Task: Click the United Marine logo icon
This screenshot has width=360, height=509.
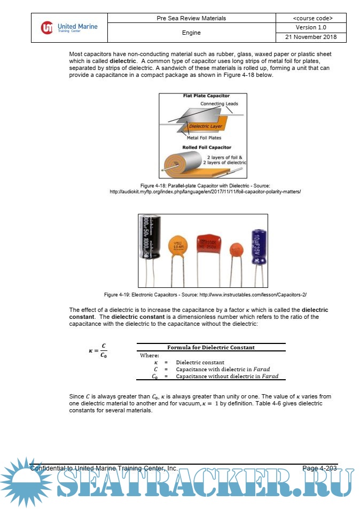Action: tap(48, 27)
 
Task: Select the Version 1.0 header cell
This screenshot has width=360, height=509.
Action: tap(311, 27)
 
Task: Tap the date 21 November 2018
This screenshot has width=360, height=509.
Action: tap(311, 37)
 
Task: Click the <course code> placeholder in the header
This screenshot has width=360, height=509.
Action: tap(311, 18)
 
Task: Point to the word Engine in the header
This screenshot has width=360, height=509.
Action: tap(191, 33)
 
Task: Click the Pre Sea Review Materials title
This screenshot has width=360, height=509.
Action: tap(191, 18)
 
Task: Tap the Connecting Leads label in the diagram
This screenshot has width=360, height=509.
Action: tap(219, 104)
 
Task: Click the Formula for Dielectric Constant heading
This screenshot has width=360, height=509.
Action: tap(211, 347)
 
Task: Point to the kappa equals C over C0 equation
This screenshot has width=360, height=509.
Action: tap(99, 351)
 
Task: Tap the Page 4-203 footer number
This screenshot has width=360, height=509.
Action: tap(319, 468)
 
